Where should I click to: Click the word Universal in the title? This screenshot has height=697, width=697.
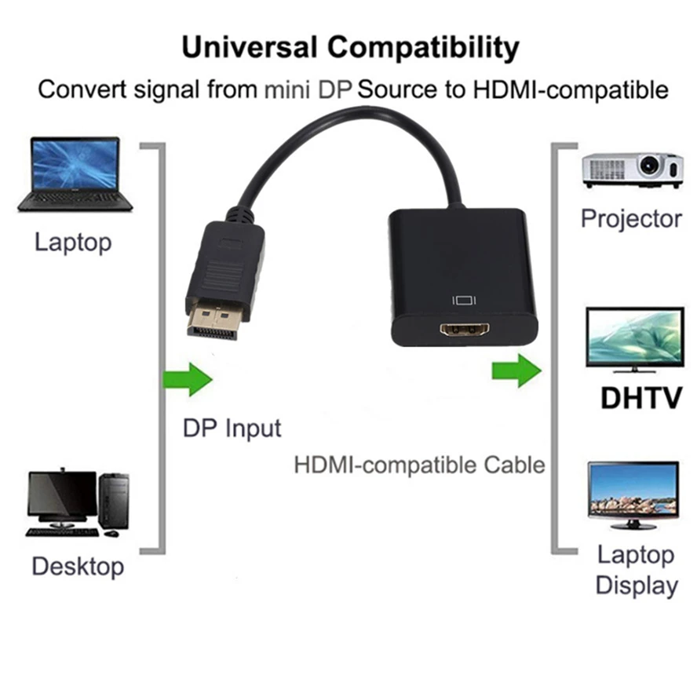[250, 48]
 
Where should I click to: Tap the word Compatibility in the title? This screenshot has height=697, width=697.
[424, 48]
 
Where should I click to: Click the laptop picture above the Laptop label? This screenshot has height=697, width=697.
[75, 173]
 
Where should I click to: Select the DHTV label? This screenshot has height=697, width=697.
[640, 398]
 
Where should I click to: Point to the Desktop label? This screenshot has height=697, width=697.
[78, 566]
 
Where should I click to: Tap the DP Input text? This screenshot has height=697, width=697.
[232, 429]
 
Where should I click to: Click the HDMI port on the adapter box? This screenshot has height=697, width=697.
[466, 330]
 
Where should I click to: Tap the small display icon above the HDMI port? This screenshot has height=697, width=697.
[465, 299]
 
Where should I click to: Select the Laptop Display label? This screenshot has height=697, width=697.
[636, 570]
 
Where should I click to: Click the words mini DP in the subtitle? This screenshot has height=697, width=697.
[308, 89]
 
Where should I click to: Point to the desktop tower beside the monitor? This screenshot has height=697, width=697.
[114, 501]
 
